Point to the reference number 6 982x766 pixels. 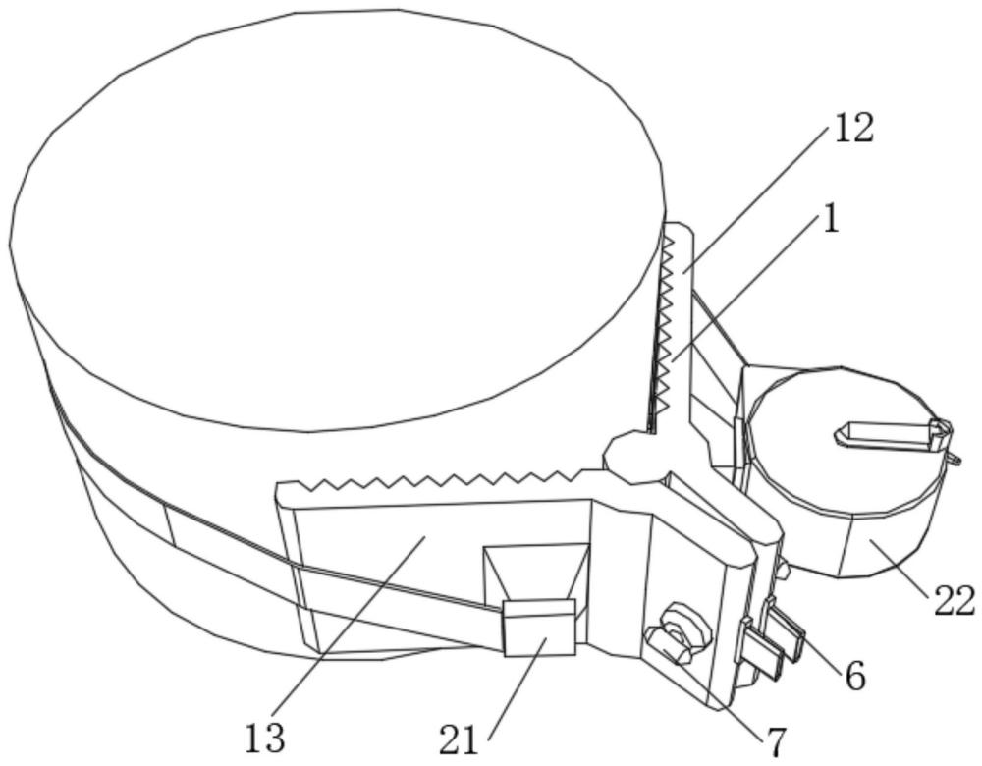tap(855, 676)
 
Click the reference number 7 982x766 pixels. tap(776, 742)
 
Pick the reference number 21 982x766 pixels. tap(459, 740)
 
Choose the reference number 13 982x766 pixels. tap(265, 739)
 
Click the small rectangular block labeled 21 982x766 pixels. tap(539, 628)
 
